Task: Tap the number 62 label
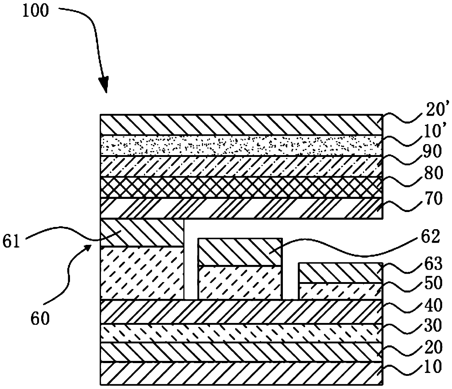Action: [430, 238]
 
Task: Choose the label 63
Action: [431, 263]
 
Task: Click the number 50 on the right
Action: [431, 283]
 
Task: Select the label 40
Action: [431, 305]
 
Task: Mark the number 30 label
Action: [431, 325]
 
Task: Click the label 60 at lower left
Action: [39, 319]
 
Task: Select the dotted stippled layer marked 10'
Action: [241, 146]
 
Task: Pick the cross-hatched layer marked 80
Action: [241, 188]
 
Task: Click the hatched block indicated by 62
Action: [240, 252]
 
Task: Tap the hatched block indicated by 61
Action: [142, 233]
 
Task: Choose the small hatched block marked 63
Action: [340, 273]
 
